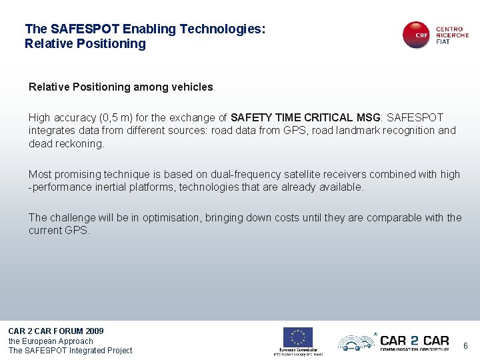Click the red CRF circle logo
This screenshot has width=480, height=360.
coord(417,35)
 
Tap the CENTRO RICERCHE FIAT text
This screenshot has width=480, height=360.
coord(452,35)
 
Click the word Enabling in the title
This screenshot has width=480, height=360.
coord(149,29)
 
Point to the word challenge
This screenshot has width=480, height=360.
coord(71,217)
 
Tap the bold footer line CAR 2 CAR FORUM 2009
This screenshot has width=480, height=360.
coord(56,331)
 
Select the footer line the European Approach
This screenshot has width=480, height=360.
coord(51,341)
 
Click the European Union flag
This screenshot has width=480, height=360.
coord(297,337)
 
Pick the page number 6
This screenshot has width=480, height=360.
coord(465,346)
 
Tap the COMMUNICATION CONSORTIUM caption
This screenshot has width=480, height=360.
coord(414,348)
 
